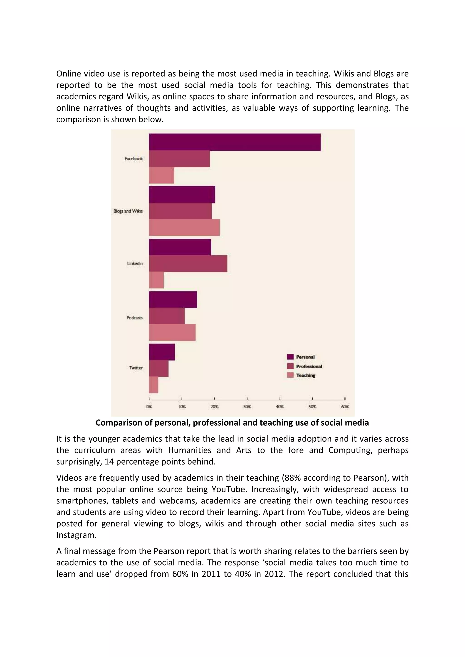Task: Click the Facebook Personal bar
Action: click(235, 142)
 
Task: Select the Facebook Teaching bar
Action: click(161, 175)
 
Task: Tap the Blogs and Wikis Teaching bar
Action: click(184, 228)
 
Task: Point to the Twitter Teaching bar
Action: click(153, 385)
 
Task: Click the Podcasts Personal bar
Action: click(173, 300)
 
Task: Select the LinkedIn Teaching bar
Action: click(156, 280)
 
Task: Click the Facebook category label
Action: click(134, 159)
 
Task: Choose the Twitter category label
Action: click(136, 368)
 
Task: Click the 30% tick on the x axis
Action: click(247, 400)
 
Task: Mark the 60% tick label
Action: click(345, 407)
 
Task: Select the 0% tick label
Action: click(149, 407)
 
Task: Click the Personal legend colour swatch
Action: click(290, 357)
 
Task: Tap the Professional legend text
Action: click(309, 366)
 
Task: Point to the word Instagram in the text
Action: click(76, 535)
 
